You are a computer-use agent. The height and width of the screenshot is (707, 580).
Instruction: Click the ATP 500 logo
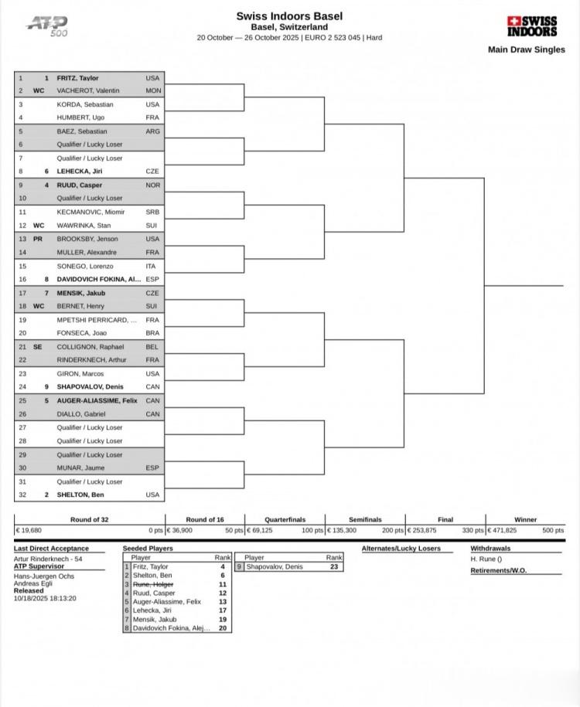tap(48, 25)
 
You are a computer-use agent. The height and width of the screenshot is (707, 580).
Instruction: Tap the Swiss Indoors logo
tap(532, 26)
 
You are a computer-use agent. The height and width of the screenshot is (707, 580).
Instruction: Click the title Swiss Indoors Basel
tap(289, 16)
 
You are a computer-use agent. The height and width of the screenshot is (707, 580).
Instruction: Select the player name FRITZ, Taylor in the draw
tap(77, 78)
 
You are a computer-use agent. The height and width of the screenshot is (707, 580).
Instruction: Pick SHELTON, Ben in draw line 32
tap(80, 495)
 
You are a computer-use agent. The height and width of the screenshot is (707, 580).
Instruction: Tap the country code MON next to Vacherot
tap(152, 91)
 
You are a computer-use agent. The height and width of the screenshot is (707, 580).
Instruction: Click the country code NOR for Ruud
tap(152, 185)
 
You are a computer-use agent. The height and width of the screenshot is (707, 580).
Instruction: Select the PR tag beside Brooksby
tap(37, 239)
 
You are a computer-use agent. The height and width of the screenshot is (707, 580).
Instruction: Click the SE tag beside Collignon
tap(37, 347)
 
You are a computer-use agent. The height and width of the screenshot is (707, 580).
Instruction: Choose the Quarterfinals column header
tap(285, 519)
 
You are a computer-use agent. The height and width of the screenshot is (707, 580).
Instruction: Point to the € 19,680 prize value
tap(28, 531)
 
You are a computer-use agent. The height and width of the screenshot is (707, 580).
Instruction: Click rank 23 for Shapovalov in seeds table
tap(334, 566)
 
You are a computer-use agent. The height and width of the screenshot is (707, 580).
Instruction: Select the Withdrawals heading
tap(490, 549)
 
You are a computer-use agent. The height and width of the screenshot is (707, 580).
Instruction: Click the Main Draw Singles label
tap(526, 49)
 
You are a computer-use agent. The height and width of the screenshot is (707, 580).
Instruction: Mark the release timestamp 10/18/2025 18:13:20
tap(45, 598)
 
